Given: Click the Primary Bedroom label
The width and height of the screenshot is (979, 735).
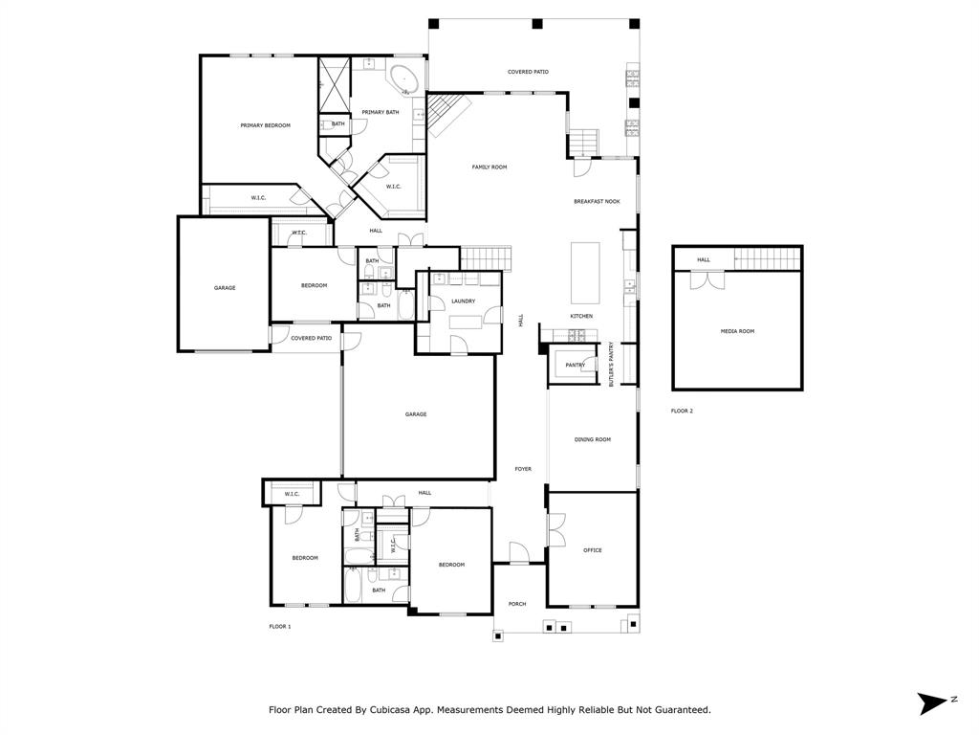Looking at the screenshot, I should pos(265,125).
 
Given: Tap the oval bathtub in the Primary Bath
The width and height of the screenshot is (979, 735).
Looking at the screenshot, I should pos(401,77).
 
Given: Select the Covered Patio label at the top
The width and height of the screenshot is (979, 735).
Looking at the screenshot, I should pos(528,72).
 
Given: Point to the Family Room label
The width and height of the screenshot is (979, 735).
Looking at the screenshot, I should pos(489,167).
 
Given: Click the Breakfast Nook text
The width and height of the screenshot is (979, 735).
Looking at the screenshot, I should pos(597,202).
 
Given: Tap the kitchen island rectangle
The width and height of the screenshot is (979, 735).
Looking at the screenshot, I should pos(585,273).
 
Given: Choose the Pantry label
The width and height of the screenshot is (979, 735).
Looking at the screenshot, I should pos(575,365).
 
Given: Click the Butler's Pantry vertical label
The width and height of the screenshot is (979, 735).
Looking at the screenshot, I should pos(611,364).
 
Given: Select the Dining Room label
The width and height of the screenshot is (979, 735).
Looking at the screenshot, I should pos(592,439).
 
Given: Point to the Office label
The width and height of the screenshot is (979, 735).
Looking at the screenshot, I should pos(592,550).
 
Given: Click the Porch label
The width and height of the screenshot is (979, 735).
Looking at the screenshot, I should pos(517,604).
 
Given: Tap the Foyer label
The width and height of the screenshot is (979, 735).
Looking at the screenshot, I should pos(523,469).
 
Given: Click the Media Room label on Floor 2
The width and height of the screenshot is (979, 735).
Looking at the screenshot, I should pos(737,331).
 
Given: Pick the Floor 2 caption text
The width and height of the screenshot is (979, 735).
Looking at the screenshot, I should pos(682,411).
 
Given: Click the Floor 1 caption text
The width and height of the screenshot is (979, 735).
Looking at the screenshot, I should pos(279,626).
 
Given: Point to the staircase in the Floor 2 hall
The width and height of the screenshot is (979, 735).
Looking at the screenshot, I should pos(767,258).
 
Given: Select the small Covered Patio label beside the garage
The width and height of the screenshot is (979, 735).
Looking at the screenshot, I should pos(312,338).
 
